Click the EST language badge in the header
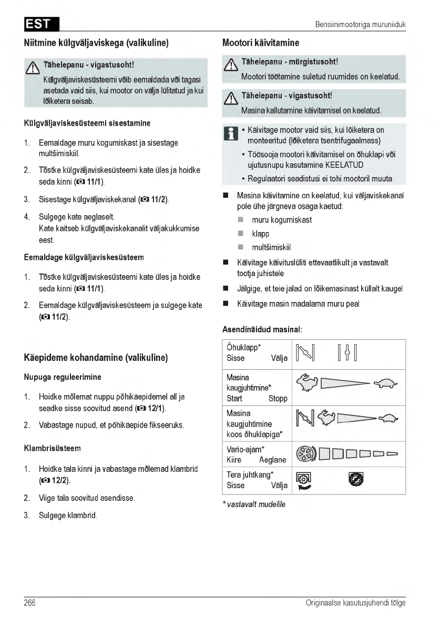pos(42,25)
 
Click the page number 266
pos(29,603)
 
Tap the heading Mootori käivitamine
pos(261,43)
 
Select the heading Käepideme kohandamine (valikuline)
pos(96,358)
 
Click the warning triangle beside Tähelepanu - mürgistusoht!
pos(229,65)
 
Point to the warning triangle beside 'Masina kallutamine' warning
pos(229,98)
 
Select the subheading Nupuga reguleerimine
pos(63,377)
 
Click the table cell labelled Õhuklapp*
pos(257,353)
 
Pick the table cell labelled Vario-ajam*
pos(257,455)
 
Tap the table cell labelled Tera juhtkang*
pos(257,480)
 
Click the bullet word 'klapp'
pos(261,234)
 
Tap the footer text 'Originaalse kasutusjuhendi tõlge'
pos(355,603)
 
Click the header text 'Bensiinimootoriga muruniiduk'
pos(360,25)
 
